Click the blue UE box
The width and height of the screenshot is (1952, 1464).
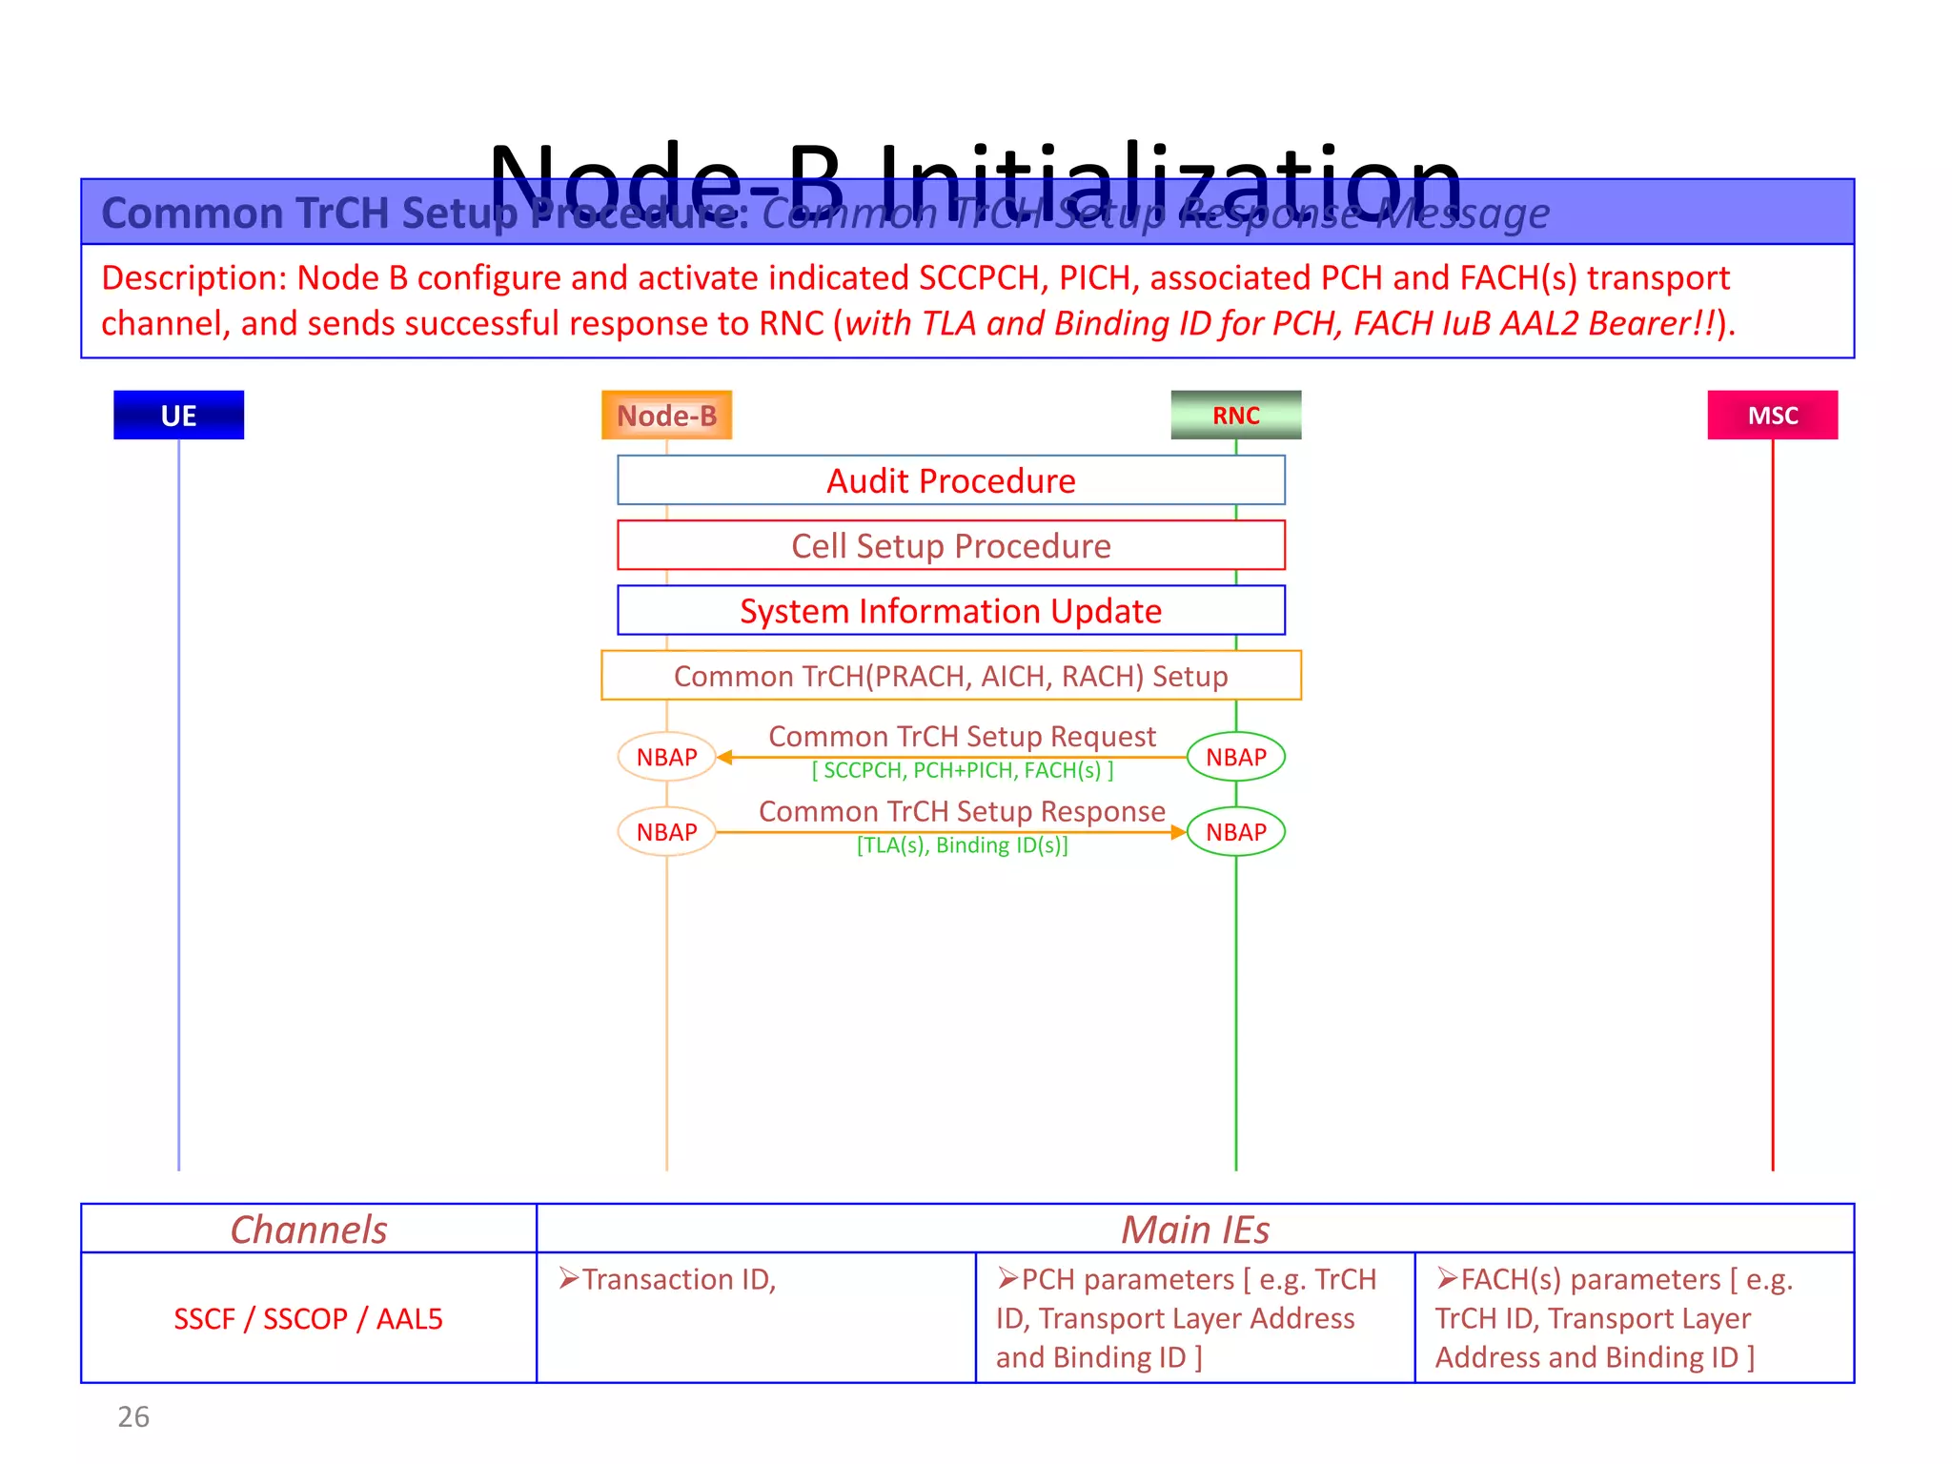coord(178,415)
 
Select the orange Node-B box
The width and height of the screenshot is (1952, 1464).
coord(666,415)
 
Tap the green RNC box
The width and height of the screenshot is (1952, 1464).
coord(1235,415)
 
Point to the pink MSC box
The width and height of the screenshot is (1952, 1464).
coord(1772,415)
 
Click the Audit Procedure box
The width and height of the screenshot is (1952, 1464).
coord(950,480)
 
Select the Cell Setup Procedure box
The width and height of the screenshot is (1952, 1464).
coord(950,545)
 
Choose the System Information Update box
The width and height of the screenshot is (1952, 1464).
coord(950,610)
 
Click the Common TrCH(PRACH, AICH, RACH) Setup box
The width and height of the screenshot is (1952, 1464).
coord(950,676)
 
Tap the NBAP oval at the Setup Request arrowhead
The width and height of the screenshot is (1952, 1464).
coord(666,757)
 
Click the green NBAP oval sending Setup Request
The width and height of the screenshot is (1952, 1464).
coord(1235,757)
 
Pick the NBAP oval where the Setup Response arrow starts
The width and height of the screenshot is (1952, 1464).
coord(666,832)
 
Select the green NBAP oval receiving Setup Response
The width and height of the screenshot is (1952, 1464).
coord(1235,832)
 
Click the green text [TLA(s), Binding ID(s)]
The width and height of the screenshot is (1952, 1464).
coord(962,845)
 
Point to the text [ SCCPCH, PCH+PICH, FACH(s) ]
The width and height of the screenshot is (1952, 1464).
coord(962,770)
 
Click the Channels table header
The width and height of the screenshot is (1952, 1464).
coord(309,1230)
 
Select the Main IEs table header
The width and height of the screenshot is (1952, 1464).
coord(1195,1230)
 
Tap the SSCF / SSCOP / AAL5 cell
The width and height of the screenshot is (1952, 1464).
coord(309,1319)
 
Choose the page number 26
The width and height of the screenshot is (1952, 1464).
coord(133,1417)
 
